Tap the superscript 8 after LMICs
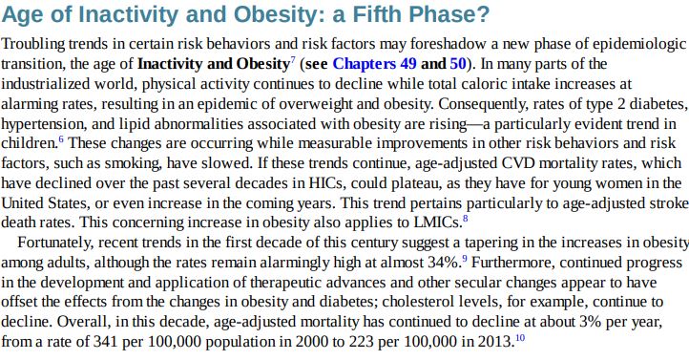(465, 218)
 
